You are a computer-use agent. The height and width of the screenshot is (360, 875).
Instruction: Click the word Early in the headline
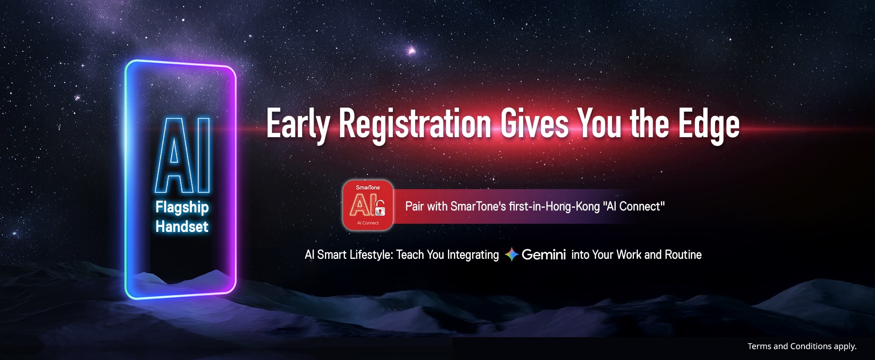[x=298, y=124]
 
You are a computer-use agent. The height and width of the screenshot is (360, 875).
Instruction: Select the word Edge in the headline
[x=709, y=124]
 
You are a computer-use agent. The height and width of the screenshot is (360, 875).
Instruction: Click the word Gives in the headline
[x=535, y=123]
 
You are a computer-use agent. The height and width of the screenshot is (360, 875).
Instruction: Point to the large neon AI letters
[x=182, y=155]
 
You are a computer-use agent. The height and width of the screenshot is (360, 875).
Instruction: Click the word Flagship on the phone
[x=182, y=207]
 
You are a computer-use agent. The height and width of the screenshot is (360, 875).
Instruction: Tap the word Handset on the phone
[x=182, y=226]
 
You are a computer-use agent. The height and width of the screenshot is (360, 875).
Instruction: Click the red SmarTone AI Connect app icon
[x=368, y=205]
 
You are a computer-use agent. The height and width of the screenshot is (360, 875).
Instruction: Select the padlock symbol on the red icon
[x=381, y=209]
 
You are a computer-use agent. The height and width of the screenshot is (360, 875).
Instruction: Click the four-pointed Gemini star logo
[x=512, y=254]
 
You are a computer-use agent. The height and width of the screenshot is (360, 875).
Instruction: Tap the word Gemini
[x=544, y=254]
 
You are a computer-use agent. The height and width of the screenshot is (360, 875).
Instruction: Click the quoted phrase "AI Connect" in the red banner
[x=634, y=206]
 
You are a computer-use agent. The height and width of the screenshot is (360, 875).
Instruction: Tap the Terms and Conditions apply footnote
[x=802, y=346]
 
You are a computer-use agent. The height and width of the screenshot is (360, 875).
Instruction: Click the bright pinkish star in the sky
[x=411, y=50]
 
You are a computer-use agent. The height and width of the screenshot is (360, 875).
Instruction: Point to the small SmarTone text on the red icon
[x=368, y=187]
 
